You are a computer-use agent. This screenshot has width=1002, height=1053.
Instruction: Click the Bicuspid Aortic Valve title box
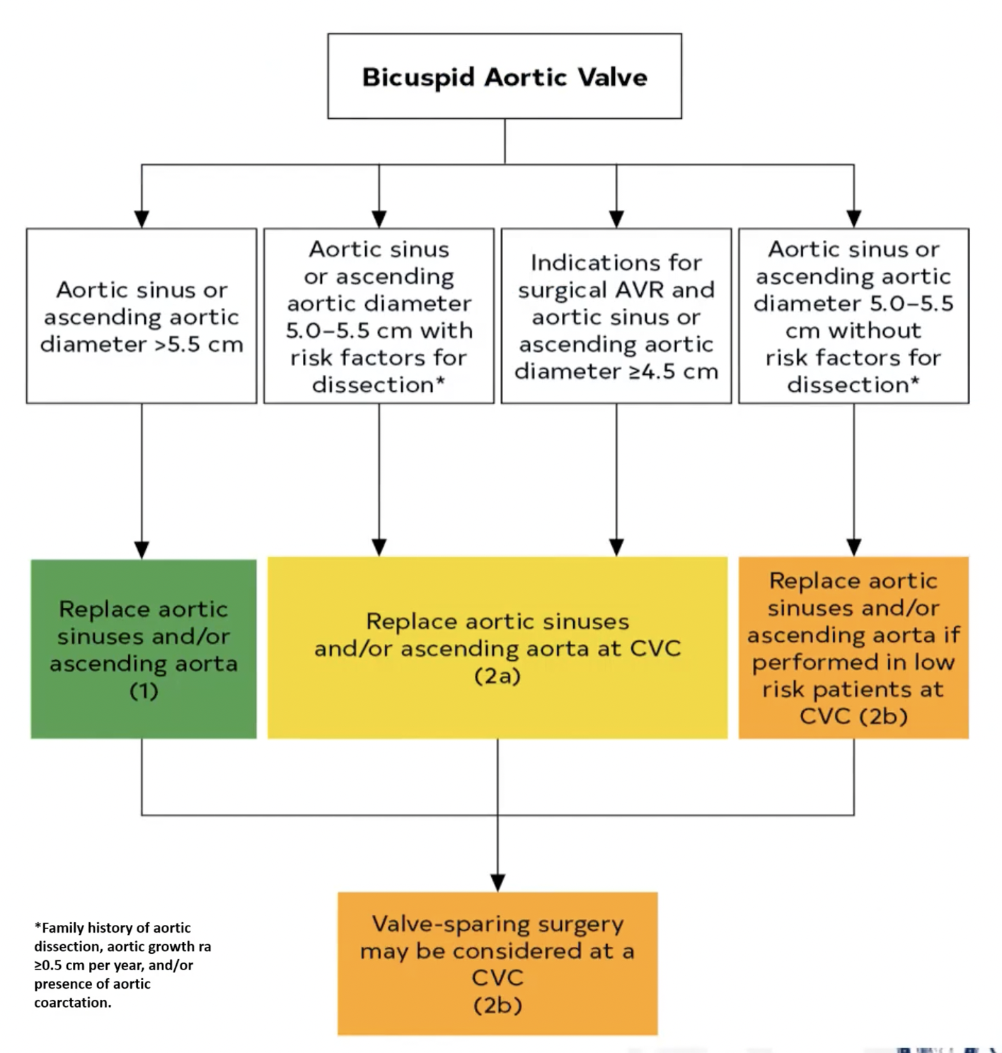[504, 76]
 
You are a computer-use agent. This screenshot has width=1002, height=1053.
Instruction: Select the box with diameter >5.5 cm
[142, 316]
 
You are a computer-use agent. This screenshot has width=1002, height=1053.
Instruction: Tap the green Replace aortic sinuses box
[144, 649]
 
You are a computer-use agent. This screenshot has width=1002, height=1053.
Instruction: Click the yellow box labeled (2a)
[497, 648]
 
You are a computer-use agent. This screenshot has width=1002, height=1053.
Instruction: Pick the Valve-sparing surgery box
[497, 963]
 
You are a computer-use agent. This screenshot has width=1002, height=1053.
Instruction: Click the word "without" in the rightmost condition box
[875, 330]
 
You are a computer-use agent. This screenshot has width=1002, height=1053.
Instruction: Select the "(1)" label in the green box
[144, 691]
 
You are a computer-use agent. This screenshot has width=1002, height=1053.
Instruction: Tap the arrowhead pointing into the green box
[142, 550]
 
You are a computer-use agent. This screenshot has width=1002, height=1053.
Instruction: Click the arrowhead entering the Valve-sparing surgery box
[497, 882]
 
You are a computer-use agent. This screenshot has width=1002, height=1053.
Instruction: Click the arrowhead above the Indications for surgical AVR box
[616, 219]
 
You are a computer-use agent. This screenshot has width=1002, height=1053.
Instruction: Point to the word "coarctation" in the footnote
[71, 1003]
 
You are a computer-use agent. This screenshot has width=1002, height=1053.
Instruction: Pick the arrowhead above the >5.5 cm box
[142, 219]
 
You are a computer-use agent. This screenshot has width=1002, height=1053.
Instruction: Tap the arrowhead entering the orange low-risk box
[853, 547]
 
